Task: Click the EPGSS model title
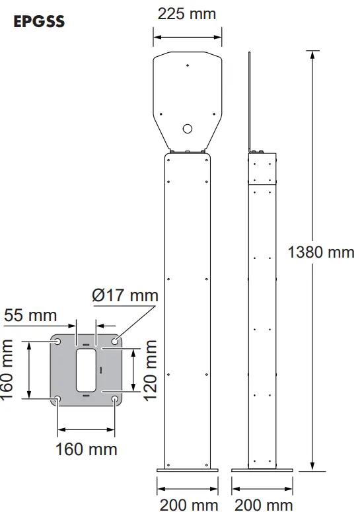(39, 21)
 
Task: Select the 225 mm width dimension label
(187, 13)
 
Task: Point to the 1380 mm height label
(322, 252)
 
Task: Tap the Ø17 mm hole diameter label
(126, 295)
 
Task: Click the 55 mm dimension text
(30, 315)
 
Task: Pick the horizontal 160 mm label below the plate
(86, 449)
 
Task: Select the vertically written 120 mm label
(151, 371)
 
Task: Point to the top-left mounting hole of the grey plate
(58, 342)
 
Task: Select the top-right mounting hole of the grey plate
(116, 342)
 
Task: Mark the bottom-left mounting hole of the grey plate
(58, 399)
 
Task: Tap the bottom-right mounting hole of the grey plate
(116, 399)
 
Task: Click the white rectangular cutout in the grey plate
(87, 370)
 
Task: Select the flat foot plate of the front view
(188, 470)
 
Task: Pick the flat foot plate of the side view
(262, 470)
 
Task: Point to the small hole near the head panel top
(188, 65)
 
